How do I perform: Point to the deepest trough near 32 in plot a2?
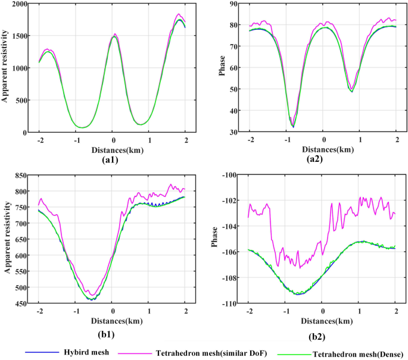point(293,127)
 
